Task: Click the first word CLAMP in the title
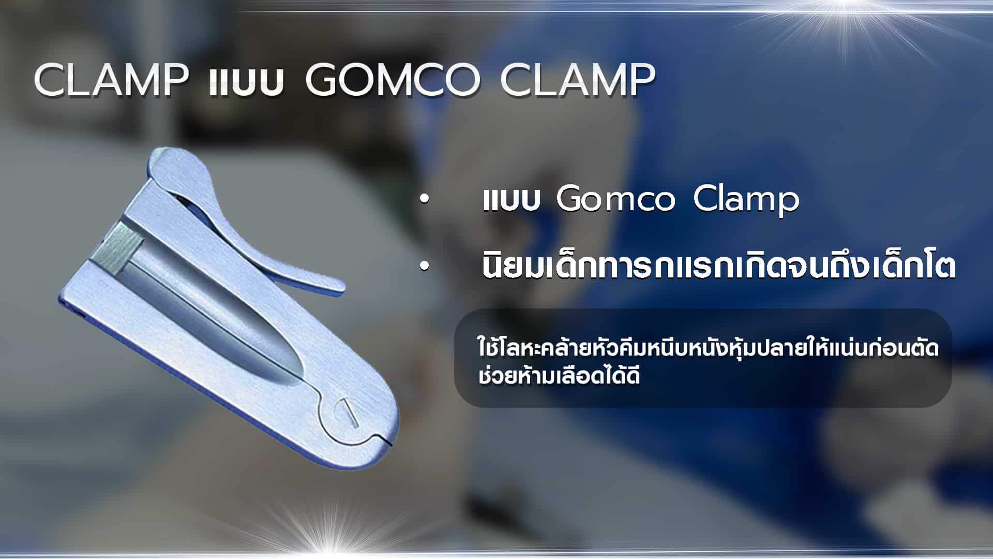(111, 80)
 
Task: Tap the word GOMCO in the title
(392, 80)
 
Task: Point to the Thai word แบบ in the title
(247, 83)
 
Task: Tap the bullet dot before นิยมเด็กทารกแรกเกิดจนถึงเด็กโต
(425, 267)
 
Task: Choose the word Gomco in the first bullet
(615, 199)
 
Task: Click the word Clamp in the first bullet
(746, 201)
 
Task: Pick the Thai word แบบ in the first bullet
(511, 201)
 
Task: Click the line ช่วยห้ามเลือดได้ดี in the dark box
(559, 375)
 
